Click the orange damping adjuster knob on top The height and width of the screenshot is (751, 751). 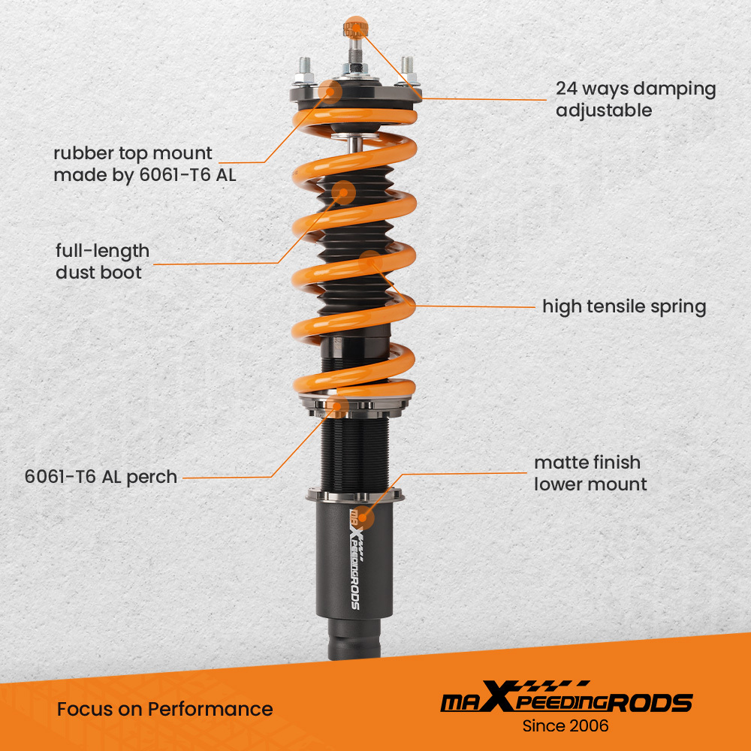[x=355, y=27]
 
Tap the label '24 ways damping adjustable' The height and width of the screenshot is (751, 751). [x=635, y=100]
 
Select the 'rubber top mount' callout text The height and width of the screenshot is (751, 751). [x=145, y=164]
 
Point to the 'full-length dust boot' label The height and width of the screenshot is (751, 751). [x=102, y=261]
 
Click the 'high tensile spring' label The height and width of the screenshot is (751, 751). [x=624, y=307]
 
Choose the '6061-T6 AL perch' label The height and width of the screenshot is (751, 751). [x=101, y=477]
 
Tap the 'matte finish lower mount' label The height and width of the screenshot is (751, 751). [x=590, y=473]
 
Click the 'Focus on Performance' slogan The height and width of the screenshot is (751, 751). [x=164, y=709]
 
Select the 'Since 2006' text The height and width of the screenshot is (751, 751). [x=566, y=725]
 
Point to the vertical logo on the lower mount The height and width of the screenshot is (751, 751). [x=355, y=559]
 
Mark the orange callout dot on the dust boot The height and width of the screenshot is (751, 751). [x=343, y=192]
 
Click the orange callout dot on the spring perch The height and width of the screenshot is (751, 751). [x=338, y=406]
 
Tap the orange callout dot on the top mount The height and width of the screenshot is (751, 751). [x=330, y=92]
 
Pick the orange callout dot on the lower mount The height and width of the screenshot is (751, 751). [x=363, y=517]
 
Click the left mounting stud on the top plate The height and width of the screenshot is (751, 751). [x=305, y=70]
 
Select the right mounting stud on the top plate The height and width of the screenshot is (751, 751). [x=407, y=70]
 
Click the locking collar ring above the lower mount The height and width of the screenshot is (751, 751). [x=355, y=495]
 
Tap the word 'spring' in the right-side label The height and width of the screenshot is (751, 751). [x=678, y=307]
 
